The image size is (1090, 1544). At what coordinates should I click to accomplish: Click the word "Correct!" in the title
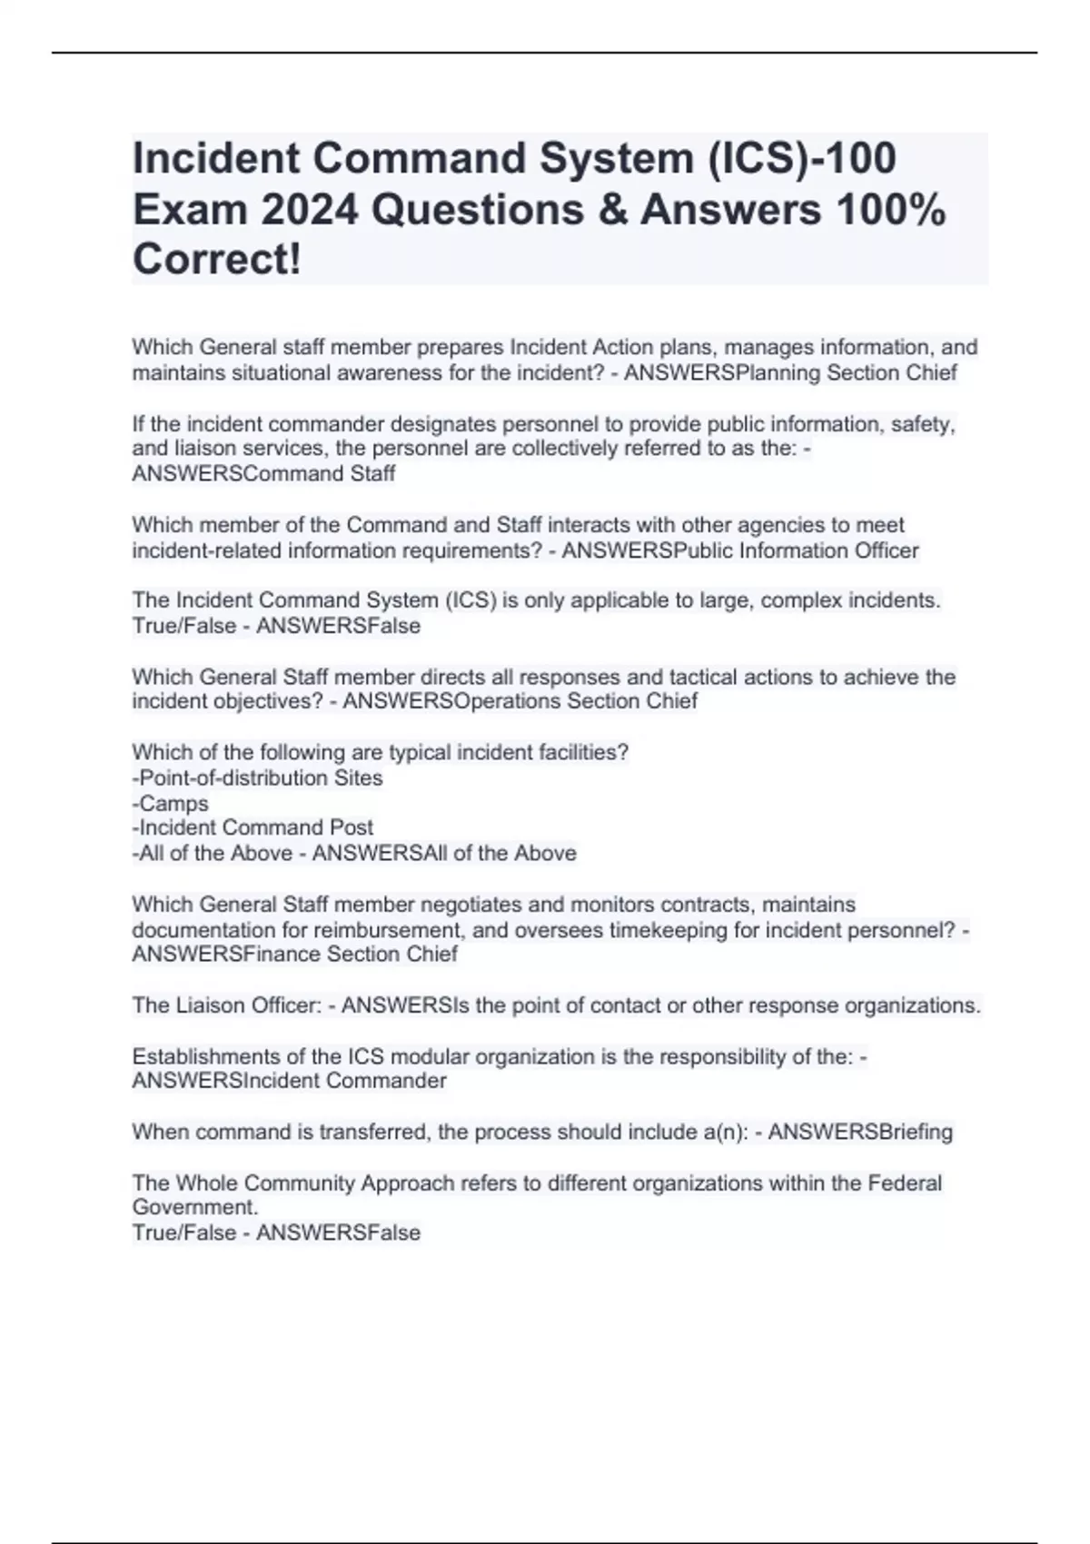216,260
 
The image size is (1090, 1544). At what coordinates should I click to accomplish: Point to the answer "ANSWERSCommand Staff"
263,474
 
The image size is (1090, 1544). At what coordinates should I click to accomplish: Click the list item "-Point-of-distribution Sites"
257,778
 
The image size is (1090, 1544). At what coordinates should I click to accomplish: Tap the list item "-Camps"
170,804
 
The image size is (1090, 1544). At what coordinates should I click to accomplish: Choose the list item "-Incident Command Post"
253,827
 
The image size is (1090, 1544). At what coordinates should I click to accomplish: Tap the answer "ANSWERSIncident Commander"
289,1081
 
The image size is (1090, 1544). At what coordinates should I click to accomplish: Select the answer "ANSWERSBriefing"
860,1133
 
